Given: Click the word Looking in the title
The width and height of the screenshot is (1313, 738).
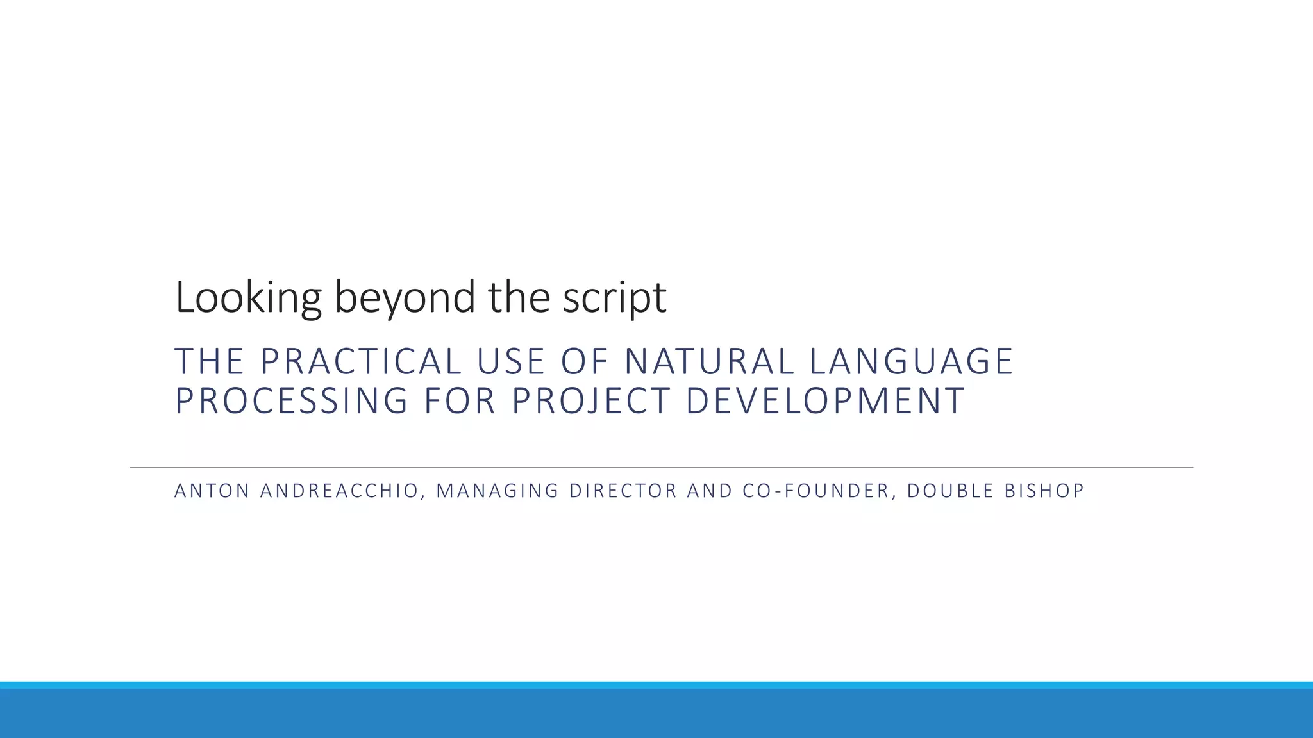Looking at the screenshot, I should pos(247,298).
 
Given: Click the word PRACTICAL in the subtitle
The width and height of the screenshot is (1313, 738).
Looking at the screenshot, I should pos(361,361).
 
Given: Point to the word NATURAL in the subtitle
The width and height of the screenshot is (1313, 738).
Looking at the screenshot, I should pos(709,361).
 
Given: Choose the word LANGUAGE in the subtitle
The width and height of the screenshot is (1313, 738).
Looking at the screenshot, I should pos(911,361).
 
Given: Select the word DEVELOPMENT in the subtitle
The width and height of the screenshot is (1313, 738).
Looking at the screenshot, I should pos(825,401).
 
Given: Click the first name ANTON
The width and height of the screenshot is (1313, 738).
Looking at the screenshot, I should pos(212,491).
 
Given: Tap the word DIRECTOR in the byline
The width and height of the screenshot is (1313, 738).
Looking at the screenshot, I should pos(623,491).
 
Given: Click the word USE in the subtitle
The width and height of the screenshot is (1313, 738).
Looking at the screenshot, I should pos(510,361).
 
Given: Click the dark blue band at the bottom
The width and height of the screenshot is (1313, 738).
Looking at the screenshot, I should pos(656,714).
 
